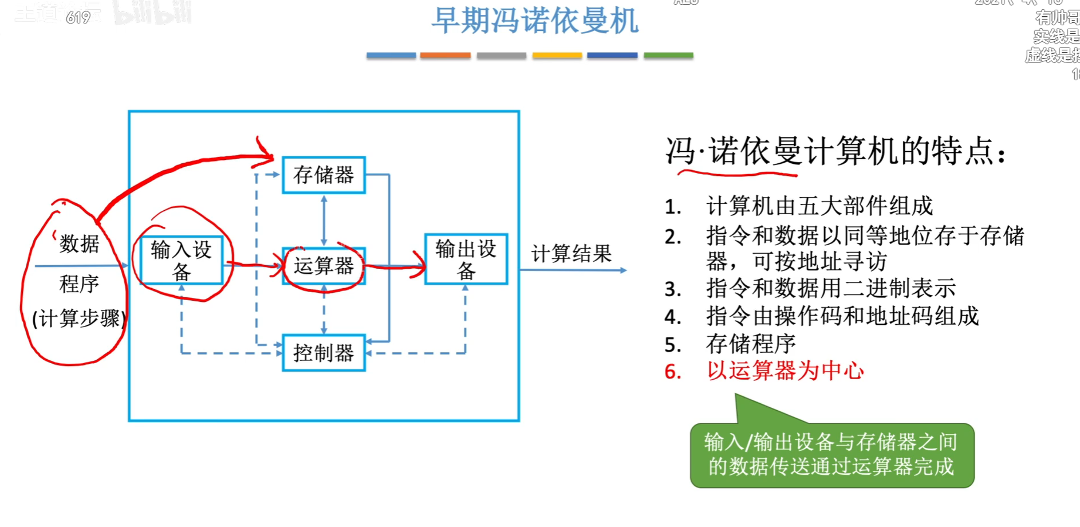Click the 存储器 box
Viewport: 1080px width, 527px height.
tap(324, 175)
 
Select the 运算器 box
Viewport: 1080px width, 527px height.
tap(324, 266)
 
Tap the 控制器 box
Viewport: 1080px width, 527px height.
tap(324, 353)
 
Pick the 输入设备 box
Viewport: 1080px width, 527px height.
tap(181, 260)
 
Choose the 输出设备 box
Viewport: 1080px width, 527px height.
tap(466, 259)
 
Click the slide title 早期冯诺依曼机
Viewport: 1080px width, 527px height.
tap(534, 21)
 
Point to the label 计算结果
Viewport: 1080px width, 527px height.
tap(571, 253)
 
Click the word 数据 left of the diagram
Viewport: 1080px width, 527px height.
tap(79, 244)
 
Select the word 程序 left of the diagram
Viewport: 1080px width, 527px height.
tap(79, 284)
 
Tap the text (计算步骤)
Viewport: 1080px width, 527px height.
tap(79, 318)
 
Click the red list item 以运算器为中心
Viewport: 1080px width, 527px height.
tap(785, 371)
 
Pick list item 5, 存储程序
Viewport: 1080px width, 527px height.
tap(750, 344)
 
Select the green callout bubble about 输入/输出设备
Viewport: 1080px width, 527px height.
tap(831, 455)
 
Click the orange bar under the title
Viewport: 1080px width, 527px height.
tap(445, 56)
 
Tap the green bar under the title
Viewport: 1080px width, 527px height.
tap(668, 56)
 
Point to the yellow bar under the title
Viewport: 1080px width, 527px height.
tap(557, 56)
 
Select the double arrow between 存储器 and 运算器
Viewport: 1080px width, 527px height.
tap(324, 221)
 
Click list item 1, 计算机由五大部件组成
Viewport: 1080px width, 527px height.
tap(819, 206)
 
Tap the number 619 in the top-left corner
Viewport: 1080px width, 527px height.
tap(78, 18)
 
